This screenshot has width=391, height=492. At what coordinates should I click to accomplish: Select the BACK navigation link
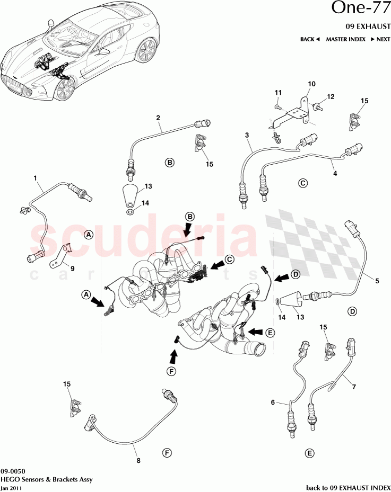(310, 39)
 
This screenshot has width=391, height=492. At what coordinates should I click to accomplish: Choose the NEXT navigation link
(380, 39)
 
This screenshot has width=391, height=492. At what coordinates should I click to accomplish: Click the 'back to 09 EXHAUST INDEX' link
(348, 487)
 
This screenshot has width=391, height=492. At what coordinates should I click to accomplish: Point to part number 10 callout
(311, 84)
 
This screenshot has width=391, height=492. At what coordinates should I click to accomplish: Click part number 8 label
(139, 460)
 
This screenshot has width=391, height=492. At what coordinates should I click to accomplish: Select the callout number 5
(377, 281)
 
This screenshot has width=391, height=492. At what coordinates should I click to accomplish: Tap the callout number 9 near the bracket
(73, 268)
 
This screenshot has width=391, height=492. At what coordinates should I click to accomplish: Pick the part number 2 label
(158, 118)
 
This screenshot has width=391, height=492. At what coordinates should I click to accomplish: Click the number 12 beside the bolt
(331, 97)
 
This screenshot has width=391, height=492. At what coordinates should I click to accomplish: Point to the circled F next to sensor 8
(167, 453)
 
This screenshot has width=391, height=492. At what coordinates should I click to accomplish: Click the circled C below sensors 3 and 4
(303, 183)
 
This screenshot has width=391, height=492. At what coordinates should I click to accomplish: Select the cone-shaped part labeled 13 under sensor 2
(131, 195)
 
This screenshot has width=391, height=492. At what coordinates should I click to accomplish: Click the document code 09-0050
(12, 471)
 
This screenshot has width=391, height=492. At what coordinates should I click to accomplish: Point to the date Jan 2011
(11, 488)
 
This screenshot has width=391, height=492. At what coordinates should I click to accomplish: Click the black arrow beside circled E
(256, 332)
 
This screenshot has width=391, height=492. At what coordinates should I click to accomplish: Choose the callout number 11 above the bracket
(277, 93)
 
